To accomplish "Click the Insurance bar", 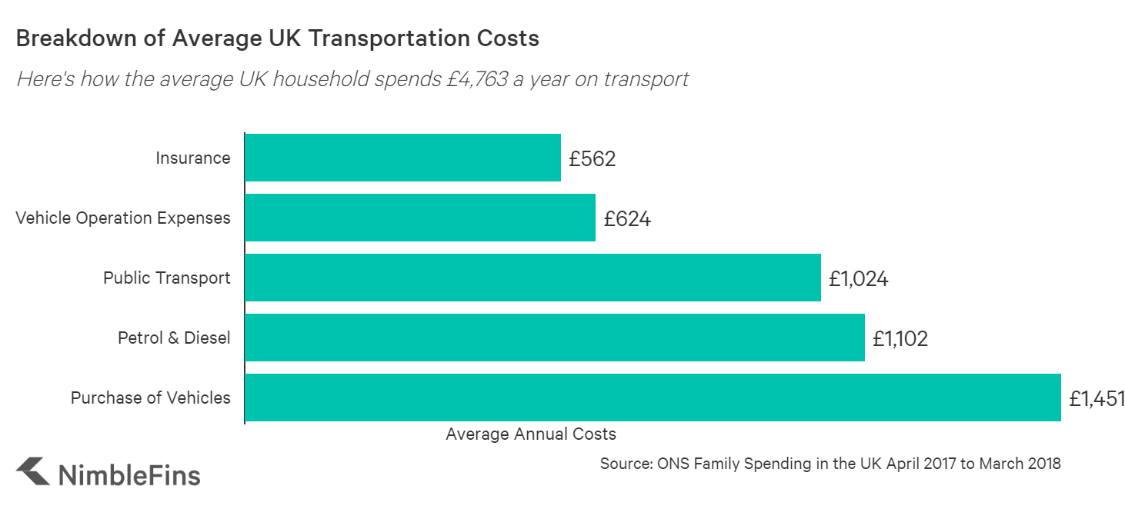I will tap(402, 158).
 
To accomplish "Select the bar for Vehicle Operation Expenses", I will tap(420, 218).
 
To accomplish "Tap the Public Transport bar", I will tap(532, 278).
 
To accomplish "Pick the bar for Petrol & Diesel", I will tap(555, 338).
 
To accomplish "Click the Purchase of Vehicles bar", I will tap(653, 398).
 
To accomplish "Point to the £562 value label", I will tap(593, 159).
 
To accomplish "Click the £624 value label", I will tap(627, 219).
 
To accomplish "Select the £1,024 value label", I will tap(859, 279).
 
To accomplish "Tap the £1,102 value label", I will tap(900, 339).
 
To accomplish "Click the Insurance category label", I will tap(193, 158).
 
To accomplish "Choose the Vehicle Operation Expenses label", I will tap(123, 218).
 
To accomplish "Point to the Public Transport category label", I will tap(167, 278).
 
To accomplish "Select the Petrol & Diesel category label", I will tap(174, 338).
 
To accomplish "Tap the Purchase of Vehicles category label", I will tap(151, 398).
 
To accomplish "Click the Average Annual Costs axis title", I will tap(531, 434).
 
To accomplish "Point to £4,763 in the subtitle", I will tap(479, 78).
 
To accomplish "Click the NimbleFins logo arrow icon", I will tap(32, 472).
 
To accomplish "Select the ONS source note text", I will tap(830, 464).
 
